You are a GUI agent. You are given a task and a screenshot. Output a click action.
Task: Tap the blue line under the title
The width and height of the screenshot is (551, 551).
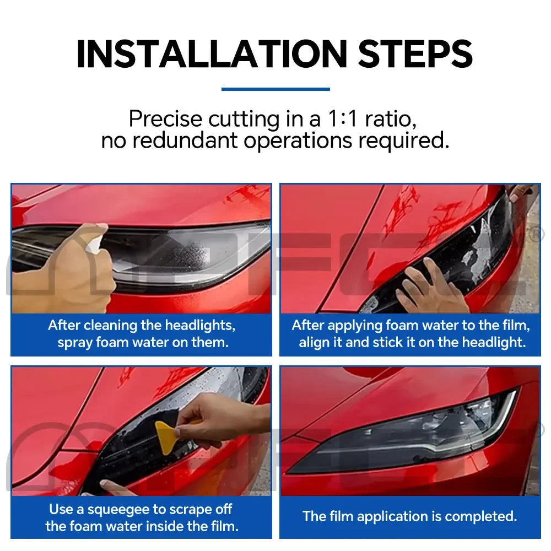pos(275,89)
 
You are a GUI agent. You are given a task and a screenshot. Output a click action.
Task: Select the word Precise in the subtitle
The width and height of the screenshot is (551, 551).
pos(166,119)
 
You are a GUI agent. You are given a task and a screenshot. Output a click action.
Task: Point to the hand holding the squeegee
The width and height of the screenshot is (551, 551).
pos(220,422)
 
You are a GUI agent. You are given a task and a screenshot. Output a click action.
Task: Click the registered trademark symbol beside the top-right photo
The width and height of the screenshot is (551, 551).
pos(533,235)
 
